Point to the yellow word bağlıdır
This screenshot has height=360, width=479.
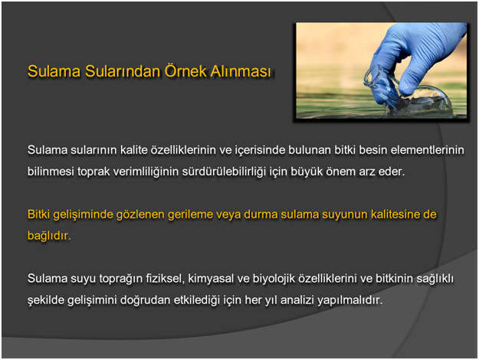pos(49,236)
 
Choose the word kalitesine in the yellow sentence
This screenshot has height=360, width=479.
pos(395,214)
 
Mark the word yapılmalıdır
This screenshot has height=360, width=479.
pos(350,300)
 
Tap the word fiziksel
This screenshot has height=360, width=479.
pos(165,279)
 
